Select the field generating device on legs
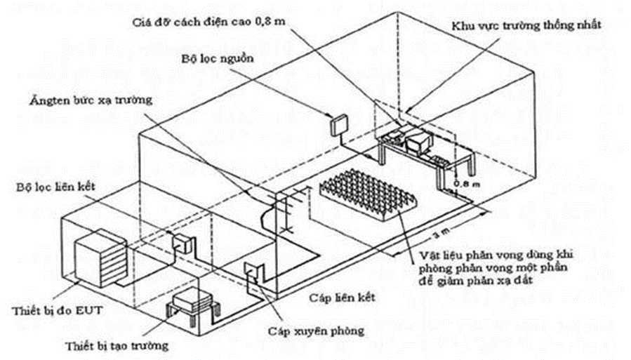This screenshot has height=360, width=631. point(194,304)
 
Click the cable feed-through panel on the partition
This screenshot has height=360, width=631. point(252,269)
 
